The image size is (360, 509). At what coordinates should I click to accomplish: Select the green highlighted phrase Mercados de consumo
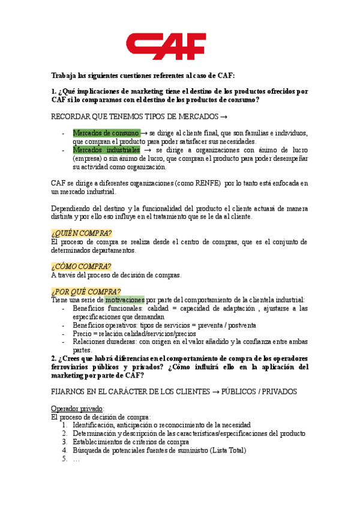coord(106,133)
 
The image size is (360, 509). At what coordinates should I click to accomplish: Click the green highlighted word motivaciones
coord(124,300)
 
